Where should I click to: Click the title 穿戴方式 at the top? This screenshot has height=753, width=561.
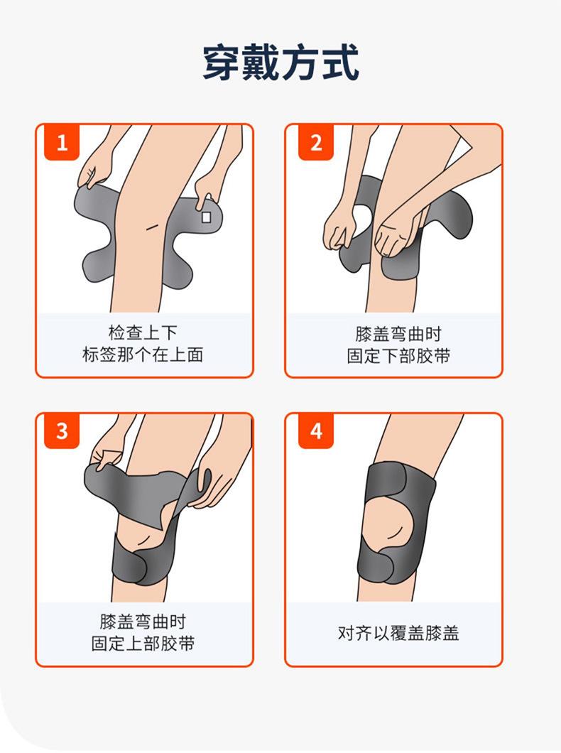(x=280, y=63)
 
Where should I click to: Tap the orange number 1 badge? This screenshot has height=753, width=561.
(x=62, y=143)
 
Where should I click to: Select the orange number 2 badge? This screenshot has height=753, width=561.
(x=316, y=143)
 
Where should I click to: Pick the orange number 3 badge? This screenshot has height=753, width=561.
(x=62, y=430)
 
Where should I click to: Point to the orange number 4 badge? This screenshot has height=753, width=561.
(x=316, y=430)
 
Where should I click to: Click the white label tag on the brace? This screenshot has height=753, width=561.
(x=207, y=217)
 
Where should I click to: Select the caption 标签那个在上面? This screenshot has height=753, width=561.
(x=143, y=355)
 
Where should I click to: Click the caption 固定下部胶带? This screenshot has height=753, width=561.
(x=398, y=356)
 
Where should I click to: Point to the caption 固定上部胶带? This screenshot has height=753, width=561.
(x=143, y=644)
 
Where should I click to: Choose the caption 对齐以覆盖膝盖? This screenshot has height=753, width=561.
(x=398, y=633)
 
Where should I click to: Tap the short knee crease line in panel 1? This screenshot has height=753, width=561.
(x=153, y=226)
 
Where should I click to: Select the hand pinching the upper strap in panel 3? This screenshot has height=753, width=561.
(x=108, y=459)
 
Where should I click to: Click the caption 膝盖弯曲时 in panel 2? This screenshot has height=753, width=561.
(x=398, y=333)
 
